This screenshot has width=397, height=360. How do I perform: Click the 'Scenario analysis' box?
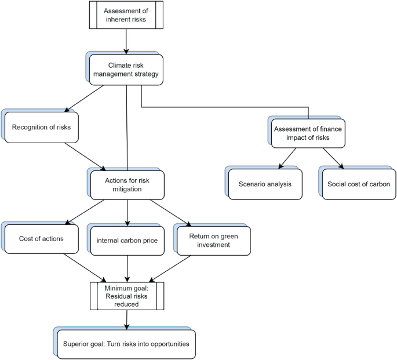(x=264, y=184)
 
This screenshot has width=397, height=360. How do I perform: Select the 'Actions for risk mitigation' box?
(x=128, y=184)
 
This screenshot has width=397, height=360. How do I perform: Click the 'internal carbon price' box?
(x=127, y=238)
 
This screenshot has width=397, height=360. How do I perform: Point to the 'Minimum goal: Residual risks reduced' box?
(x=126, y=296)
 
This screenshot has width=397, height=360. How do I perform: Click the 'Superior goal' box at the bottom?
(x=126, y=344)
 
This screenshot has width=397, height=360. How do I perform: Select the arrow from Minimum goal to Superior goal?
(x=126, y=320)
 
